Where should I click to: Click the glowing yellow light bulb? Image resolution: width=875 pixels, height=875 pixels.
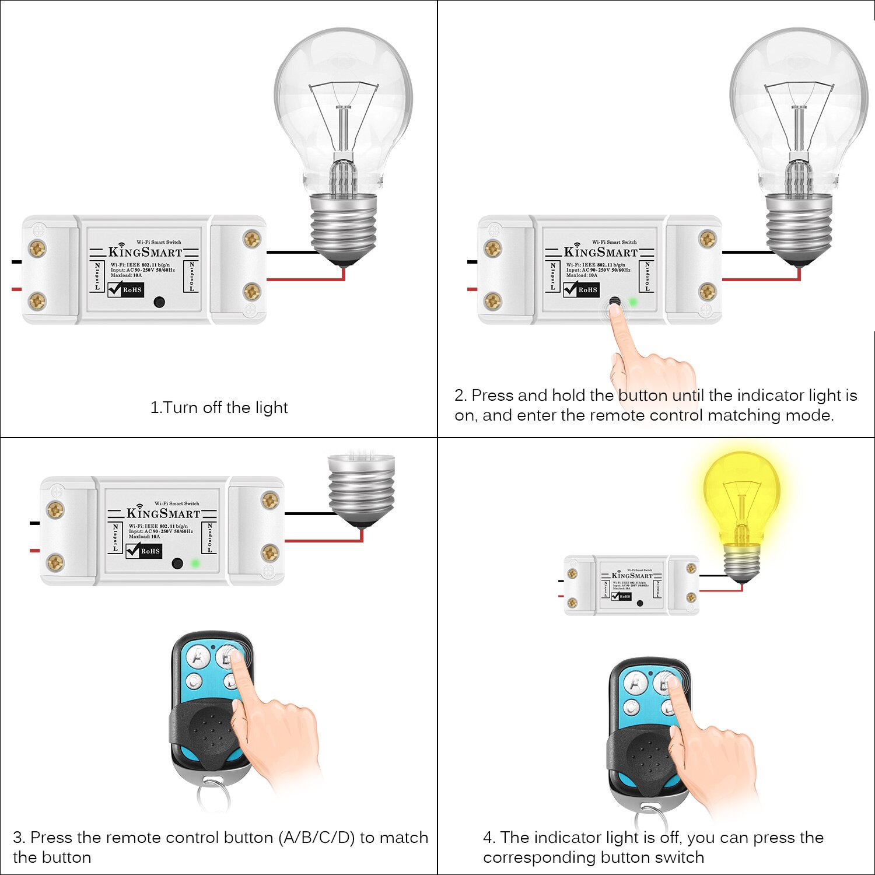[741, 496]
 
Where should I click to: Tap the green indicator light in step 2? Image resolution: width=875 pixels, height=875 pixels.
[633, 302]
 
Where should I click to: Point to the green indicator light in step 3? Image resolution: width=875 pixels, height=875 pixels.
[195, 563]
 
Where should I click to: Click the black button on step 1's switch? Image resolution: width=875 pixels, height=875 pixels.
[159, 302]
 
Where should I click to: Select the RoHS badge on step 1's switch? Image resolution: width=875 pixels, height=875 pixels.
[125, 289]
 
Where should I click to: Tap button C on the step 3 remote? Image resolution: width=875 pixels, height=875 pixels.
[194, 680]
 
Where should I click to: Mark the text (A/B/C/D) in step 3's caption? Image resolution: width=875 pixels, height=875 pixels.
[317, 838]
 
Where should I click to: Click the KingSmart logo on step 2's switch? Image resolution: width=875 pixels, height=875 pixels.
[600, 252]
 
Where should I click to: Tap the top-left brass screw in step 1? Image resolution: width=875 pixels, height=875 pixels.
[37, 249]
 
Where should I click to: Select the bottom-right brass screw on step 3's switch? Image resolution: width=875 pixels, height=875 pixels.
[269, 552]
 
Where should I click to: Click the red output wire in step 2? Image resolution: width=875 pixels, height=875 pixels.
[758, 280]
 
